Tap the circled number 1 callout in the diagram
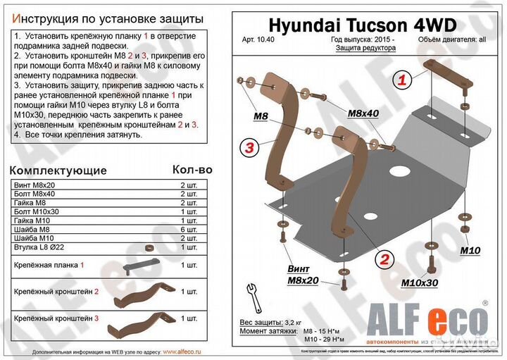(x=402, y=80)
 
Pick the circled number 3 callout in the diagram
(x=249, y=147)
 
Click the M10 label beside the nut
(x=470, y=251)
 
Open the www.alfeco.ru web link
(x=182, y=350)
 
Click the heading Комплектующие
(x=61, y=170)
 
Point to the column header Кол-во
(x=192, y=170)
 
